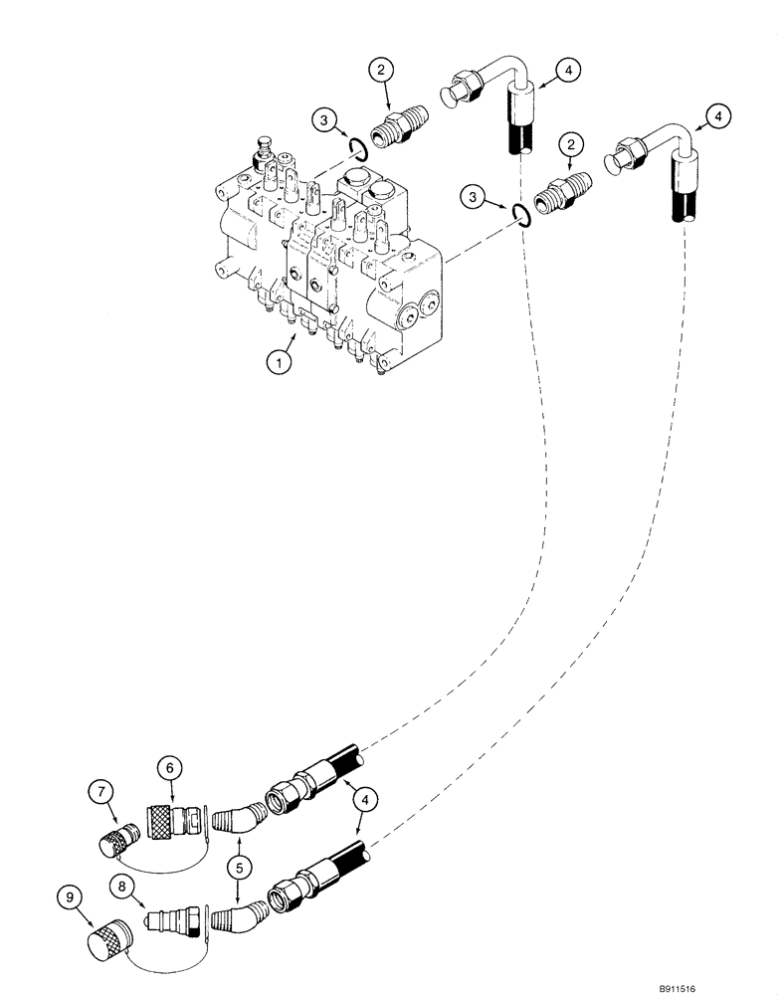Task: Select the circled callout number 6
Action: (x=167, y=767)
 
